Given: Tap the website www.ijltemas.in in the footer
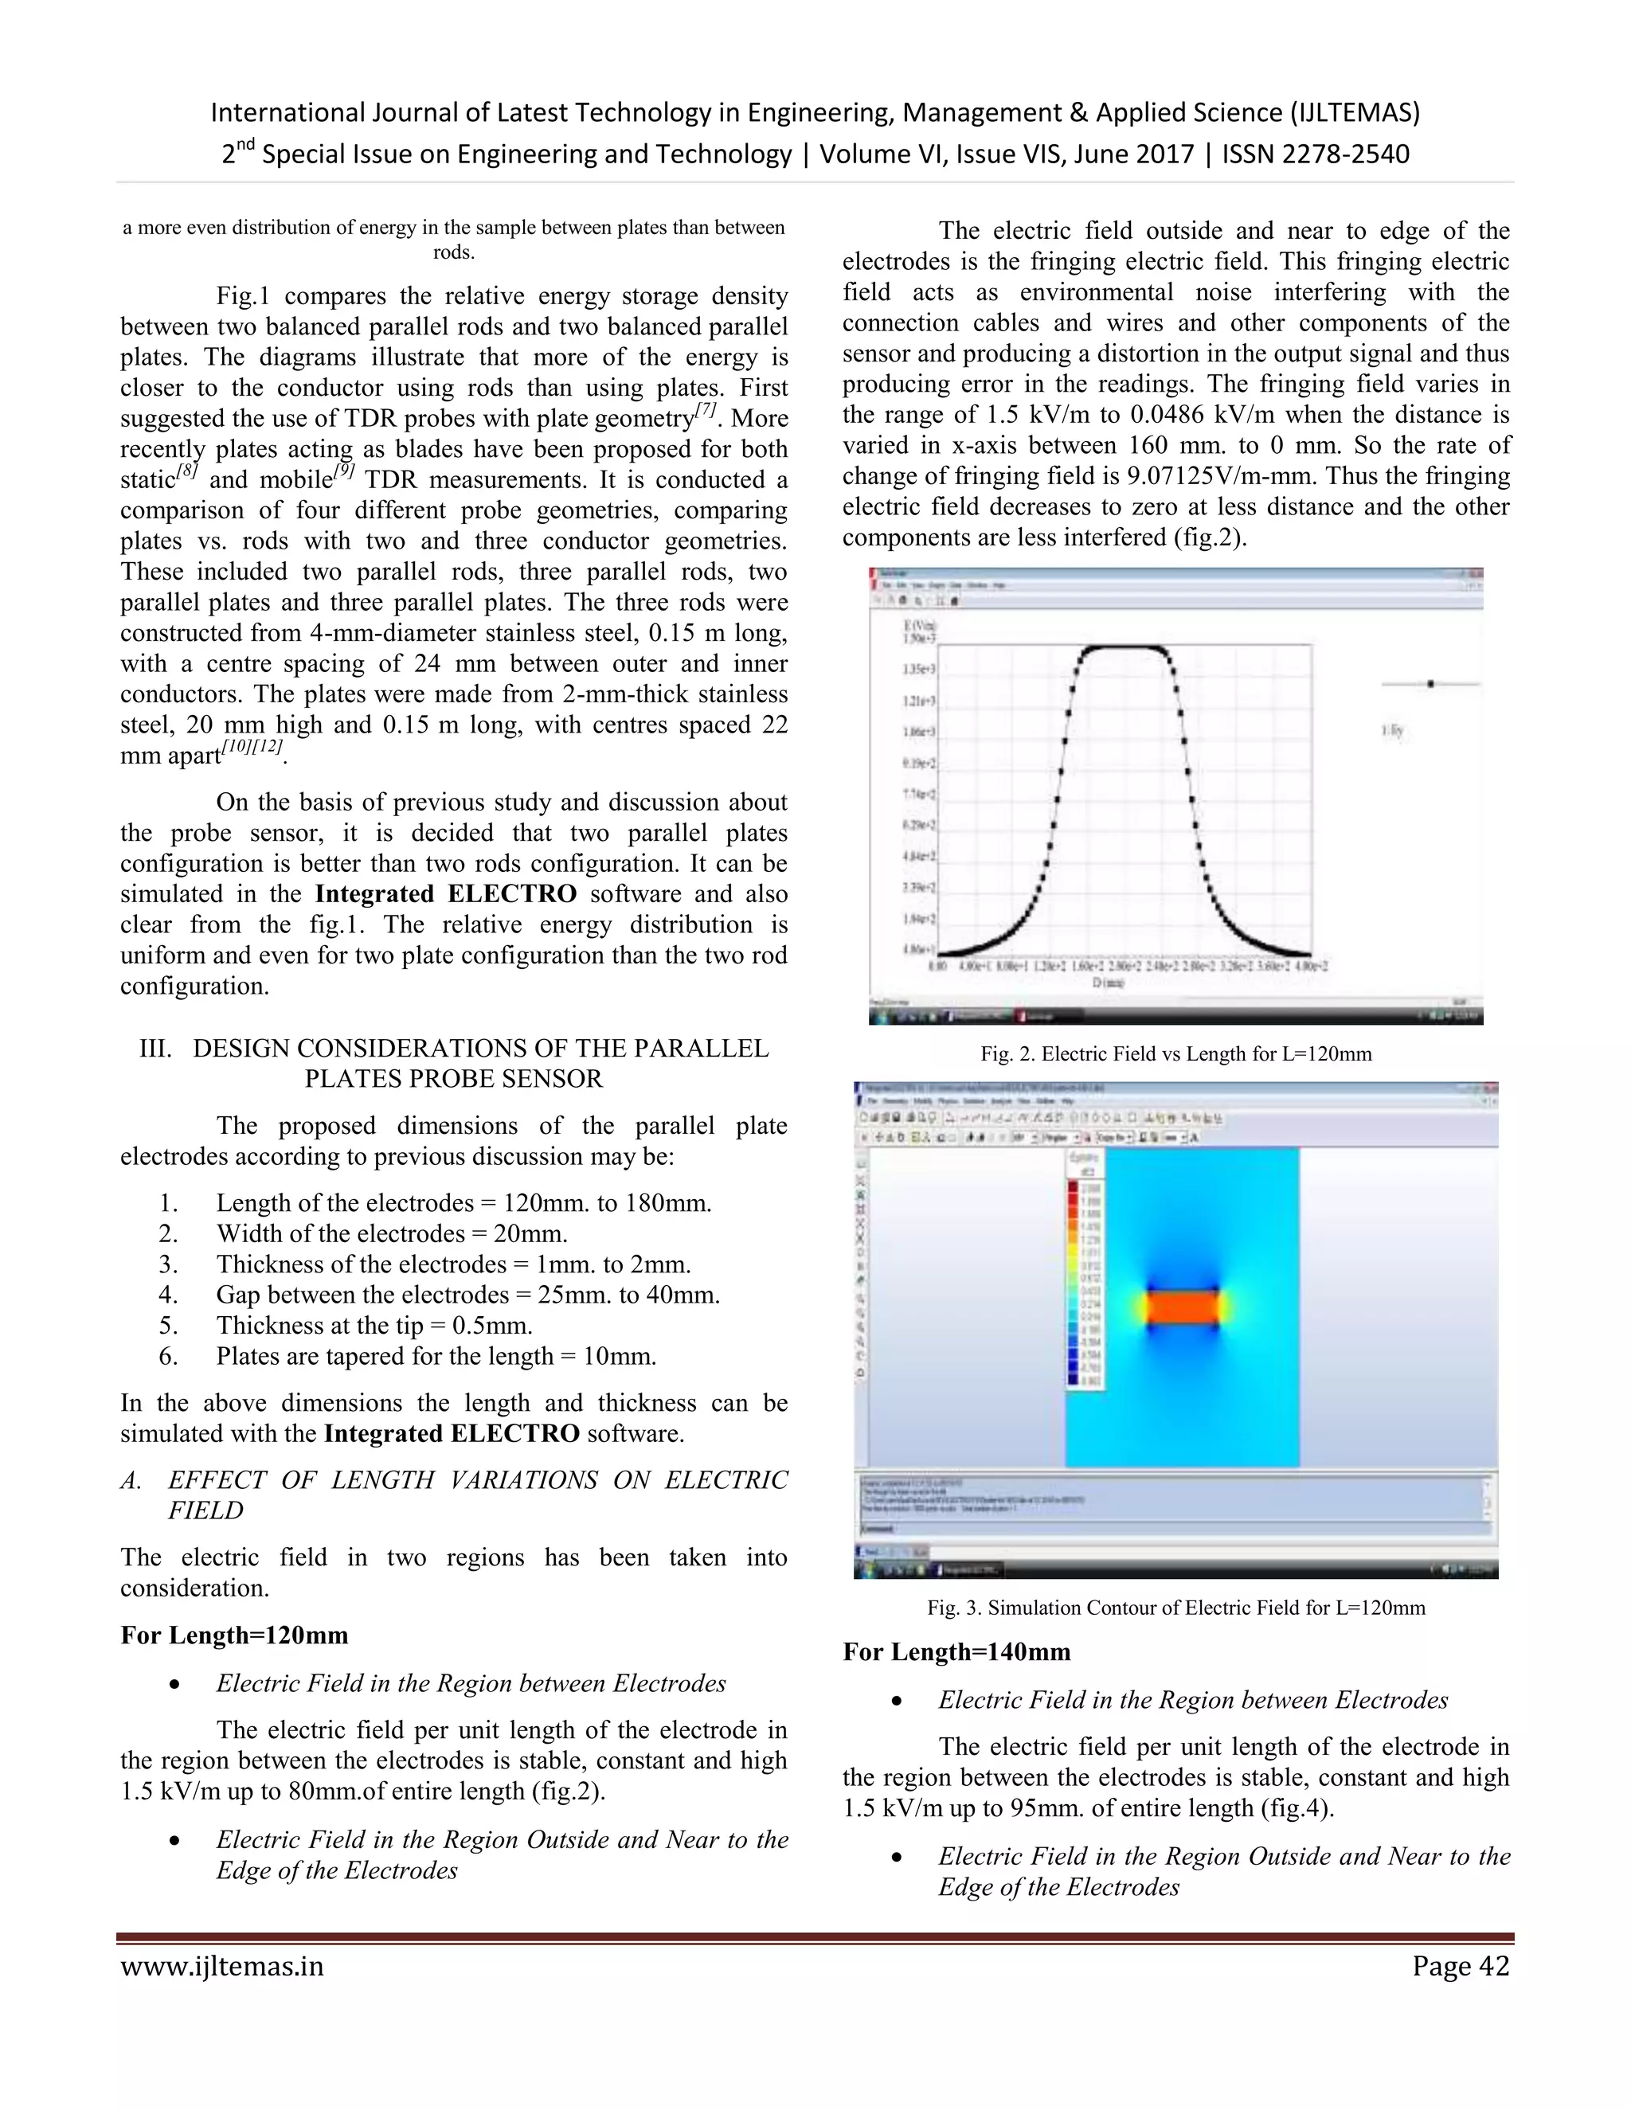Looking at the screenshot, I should (222, 1966).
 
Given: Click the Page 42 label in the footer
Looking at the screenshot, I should (1460, 1966).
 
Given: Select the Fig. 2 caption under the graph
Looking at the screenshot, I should (1176, 1054).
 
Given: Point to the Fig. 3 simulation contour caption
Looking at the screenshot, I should (1176, 1608).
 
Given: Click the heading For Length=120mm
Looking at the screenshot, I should (234, 1635).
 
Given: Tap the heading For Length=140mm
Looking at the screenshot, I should (956, 1652).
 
